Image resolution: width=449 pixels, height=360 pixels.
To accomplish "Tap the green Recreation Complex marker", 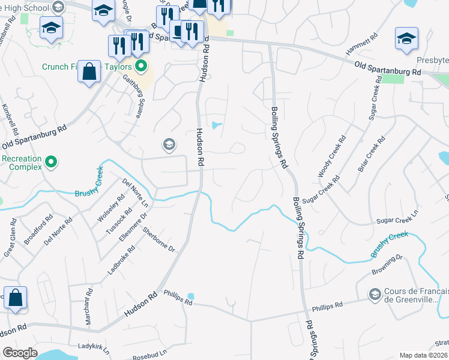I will pos(52,161).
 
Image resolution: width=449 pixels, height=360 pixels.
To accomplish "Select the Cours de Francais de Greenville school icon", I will pos(375,293).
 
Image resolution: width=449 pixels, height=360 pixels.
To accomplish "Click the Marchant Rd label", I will pos(88,308).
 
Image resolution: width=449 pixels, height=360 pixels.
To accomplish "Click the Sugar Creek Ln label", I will pos(396,221).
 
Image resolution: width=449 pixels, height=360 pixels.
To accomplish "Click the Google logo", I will pos(20,353).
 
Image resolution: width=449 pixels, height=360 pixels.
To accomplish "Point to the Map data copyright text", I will pos(424,355).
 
